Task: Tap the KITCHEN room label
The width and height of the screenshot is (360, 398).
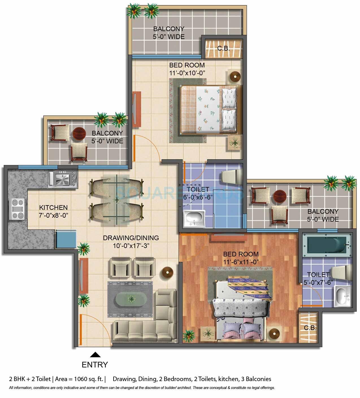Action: pyautogui.click(x=53, y=207)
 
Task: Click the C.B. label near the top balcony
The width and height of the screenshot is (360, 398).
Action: pyautogui.click(x=223, y=48)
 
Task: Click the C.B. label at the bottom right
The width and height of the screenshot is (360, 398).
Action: pyautogui.click(x=310, y=328)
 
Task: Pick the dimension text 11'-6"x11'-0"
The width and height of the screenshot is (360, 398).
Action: pyautogui.click(x=240, y=261)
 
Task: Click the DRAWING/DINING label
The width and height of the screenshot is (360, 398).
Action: pyautogui.click(x=131, y=238)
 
